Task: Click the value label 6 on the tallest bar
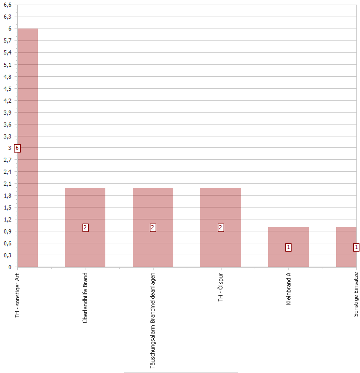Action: coord(17,148)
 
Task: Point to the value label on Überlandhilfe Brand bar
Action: coord(85,227)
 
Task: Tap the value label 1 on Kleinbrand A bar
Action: coord(288,247)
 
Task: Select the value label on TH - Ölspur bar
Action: coord(220,227)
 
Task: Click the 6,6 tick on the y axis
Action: coord(7,5)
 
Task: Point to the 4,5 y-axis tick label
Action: coord(7,89)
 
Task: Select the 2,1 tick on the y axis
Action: coord(7,184)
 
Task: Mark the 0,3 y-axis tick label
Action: coord(7,255)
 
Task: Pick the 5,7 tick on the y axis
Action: coord(7,41)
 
